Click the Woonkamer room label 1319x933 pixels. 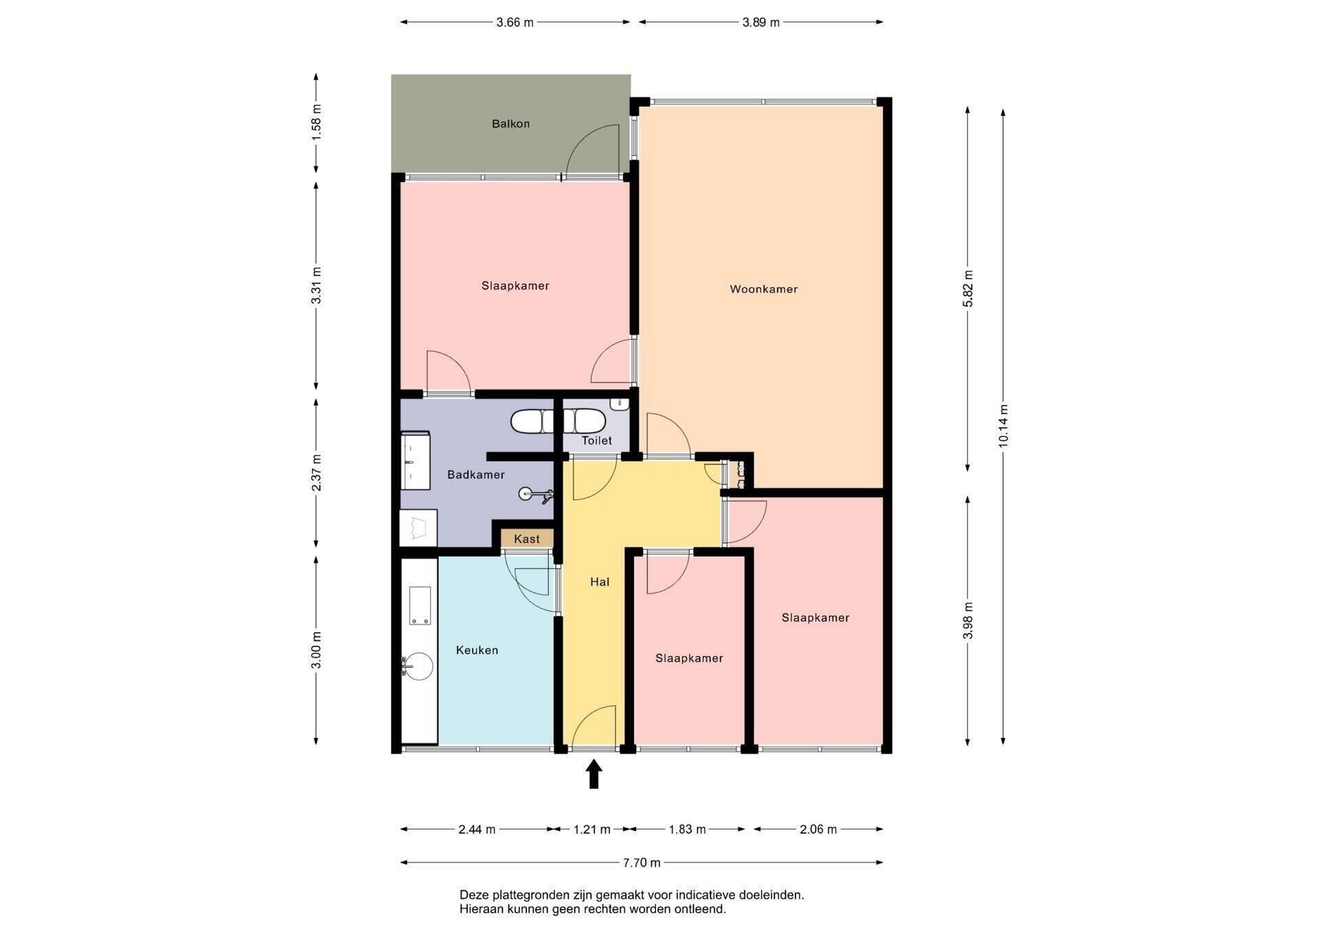pyautogui.click(x=763, y=289)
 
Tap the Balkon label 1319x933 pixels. pyautogui.click(x=510, y=124)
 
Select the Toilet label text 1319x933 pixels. pyautogui.click(x=596, y=440)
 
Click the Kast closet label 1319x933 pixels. pyautogui.click(x=527, y=539)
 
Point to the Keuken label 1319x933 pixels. pyautogui.click(x=477, y=650)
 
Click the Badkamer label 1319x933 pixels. pyautogui.click(x=476, y=475)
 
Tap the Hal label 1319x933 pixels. pyautogui.click(x=600, y=582)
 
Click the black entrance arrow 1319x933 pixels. pyautogui.click(x=594, y=774)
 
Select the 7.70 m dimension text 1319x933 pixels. pyautogui.click(x=642, y=863)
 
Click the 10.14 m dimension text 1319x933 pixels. pyautogui.click(x=1003, y=427)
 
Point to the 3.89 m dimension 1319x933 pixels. pyautogui.click(x=761, y=23)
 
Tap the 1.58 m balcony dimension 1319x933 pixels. pyautogui.click(x=317, y=123)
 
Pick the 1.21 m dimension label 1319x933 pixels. pyautogui.click(x=592, y=829)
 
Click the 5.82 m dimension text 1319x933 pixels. pyautogui.click(x=968, y=289)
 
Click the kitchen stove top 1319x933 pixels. pyautogui.click(x=420, y=605)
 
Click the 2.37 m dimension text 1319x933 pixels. pyautogui.click(x=317, y=473)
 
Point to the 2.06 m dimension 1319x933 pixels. pyautogui.click(x=818, y=829)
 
